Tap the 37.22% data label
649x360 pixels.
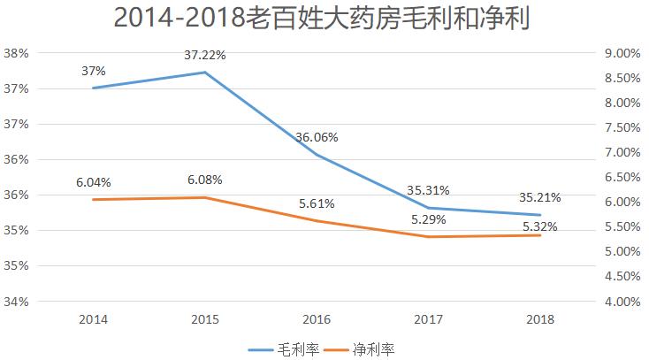coord(205,55)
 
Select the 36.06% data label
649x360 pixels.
coord(317,138)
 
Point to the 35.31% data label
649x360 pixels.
coord(429,189)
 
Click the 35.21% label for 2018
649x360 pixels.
coord(539,196)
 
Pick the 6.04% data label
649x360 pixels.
coord(93,183)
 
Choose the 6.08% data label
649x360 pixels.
coord(205,180)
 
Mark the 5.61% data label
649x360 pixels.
coord(317,203)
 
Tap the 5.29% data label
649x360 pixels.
coord(429,219)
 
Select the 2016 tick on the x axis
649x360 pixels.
coord(317,318)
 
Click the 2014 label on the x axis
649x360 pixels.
coord(93,318)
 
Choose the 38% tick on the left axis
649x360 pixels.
coord(18,53)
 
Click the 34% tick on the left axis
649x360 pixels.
coord(18,302)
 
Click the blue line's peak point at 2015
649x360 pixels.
coord(205,73)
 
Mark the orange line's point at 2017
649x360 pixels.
coord(429,237)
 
